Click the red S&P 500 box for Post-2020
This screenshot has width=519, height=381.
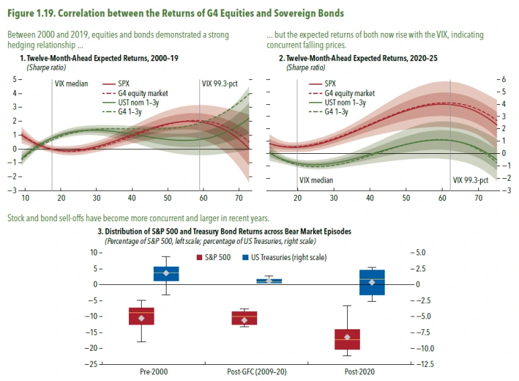347,339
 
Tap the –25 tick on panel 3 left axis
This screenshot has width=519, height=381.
94,364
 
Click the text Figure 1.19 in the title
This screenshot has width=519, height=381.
34,10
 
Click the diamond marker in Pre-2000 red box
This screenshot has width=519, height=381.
142,318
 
